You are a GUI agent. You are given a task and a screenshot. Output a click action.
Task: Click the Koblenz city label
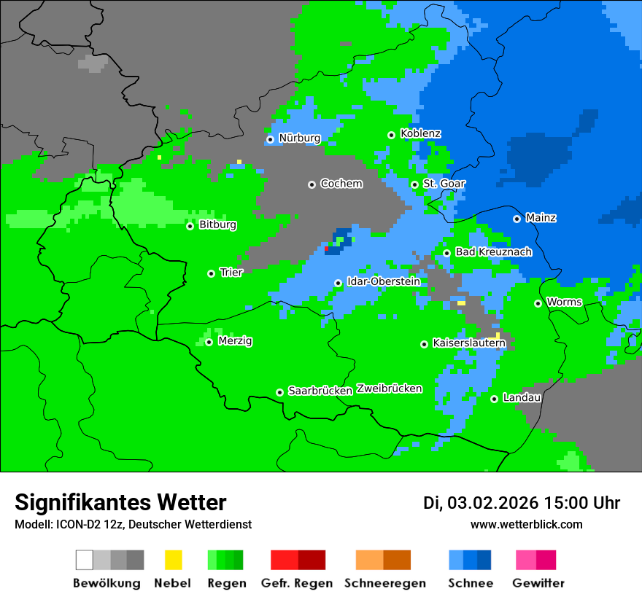click(420, 133)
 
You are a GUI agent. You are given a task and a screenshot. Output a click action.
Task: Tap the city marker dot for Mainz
click(517, 219)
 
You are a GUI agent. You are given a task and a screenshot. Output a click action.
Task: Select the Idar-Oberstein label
click(383, 281)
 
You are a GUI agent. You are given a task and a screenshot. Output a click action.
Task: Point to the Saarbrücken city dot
click(279, 392)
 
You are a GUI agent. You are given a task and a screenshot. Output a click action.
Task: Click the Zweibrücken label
click(389, 389)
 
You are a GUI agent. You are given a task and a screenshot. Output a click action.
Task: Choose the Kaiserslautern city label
click(469, 343)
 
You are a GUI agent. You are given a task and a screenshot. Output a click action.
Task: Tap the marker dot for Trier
click(211, 273)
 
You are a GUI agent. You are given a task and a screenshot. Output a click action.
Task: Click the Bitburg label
click(217, 225)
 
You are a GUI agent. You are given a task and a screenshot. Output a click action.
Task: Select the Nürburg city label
click(299, 138)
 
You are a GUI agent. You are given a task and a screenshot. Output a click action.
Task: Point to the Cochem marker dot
click(312, 184)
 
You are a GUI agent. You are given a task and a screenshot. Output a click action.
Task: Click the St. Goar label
click(444, 184)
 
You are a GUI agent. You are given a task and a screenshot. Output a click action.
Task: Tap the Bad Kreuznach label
click(493, 251)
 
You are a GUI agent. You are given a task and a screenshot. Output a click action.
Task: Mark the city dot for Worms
click(538, 303)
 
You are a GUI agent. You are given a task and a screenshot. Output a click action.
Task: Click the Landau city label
click(522, 397)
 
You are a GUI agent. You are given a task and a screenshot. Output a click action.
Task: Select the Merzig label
click(235, 340)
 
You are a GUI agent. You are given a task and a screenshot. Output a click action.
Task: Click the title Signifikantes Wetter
click(120, 502)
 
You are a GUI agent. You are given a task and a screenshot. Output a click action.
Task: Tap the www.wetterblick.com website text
click(526, 524)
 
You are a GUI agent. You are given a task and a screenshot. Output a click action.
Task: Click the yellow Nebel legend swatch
click(173, 560)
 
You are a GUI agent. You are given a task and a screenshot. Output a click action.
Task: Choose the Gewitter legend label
click(538, 583)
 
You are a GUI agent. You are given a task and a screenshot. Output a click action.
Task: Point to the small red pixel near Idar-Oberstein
click(326, 249)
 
